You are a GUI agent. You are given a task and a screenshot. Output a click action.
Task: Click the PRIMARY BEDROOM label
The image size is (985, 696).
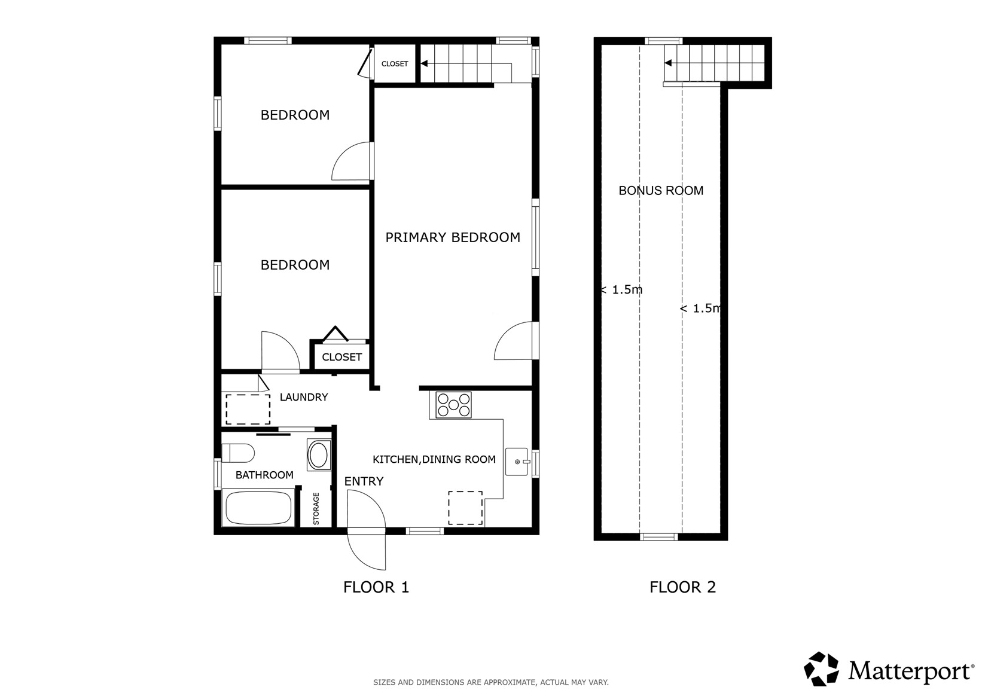(x=452, y=237)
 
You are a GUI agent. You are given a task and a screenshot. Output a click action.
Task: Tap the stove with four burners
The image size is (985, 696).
(x=453, y=405)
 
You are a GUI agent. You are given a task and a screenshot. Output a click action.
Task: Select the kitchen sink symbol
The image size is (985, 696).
(x=517, y=462)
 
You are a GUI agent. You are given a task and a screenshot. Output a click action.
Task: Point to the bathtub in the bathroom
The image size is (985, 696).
(x=258, y=508)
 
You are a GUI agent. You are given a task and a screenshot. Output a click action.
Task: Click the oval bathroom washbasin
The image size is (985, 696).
(x=318, y=455)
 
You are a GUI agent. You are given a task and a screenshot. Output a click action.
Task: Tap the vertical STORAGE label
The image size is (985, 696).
(x=316, y=509)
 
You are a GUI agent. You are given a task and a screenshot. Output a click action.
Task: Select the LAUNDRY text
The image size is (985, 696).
(x=304, y=397)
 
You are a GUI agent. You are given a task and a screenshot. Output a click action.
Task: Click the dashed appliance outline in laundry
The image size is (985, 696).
(x=248, y=409)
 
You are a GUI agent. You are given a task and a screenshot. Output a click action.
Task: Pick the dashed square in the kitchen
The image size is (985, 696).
(x=465, y=508)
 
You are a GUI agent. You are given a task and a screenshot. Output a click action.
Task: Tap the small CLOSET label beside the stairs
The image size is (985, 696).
(x=395, y=64)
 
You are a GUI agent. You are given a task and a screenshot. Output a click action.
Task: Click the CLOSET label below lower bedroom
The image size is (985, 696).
(x=341, y=357)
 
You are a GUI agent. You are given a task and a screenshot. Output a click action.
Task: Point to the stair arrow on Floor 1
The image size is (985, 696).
(x=424, y=63)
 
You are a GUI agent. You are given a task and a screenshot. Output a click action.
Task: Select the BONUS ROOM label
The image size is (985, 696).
(x=660, y=191)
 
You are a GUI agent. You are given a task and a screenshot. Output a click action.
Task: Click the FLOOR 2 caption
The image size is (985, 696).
(x=682, y=587)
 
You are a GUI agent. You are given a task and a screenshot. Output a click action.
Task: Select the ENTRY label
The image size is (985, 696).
(x=364, y=481)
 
